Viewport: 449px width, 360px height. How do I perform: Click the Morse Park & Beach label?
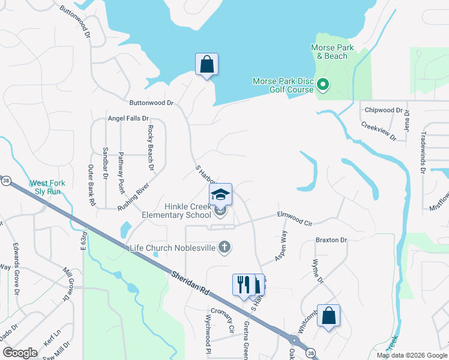click(332, 52)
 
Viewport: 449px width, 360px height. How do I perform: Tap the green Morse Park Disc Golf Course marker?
click(323, 85)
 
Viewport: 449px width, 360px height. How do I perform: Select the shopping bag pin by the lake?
click(206, 64)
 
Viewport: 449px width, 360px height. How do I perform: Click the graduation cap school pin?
click(220, 194)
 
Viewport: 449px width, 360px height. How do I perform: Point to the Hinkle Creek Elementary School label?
click(176, 210)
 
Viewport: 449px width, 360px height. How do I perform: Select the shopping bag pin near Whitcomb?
click(328, 316)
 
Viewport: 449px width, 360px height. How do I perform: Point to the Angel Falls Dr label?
click(128, 118)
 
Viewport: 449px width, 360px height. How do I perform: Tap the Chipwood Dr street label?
click(384, 110)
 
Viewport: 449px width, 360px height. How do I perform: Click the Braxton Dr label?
click(331, 240)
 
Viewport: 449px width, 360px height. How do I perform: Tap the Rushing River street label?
click(134, 192)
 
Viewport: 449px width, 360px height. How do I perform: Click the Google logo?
click(20, 352)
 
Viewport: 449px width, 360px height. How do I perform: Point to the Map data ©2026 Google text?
click(411, 355)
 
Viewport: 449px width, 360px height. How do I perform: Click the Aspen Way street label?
click(281, 245)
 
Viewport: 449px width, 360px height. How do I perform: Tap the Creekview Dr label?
click(379, 131)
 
